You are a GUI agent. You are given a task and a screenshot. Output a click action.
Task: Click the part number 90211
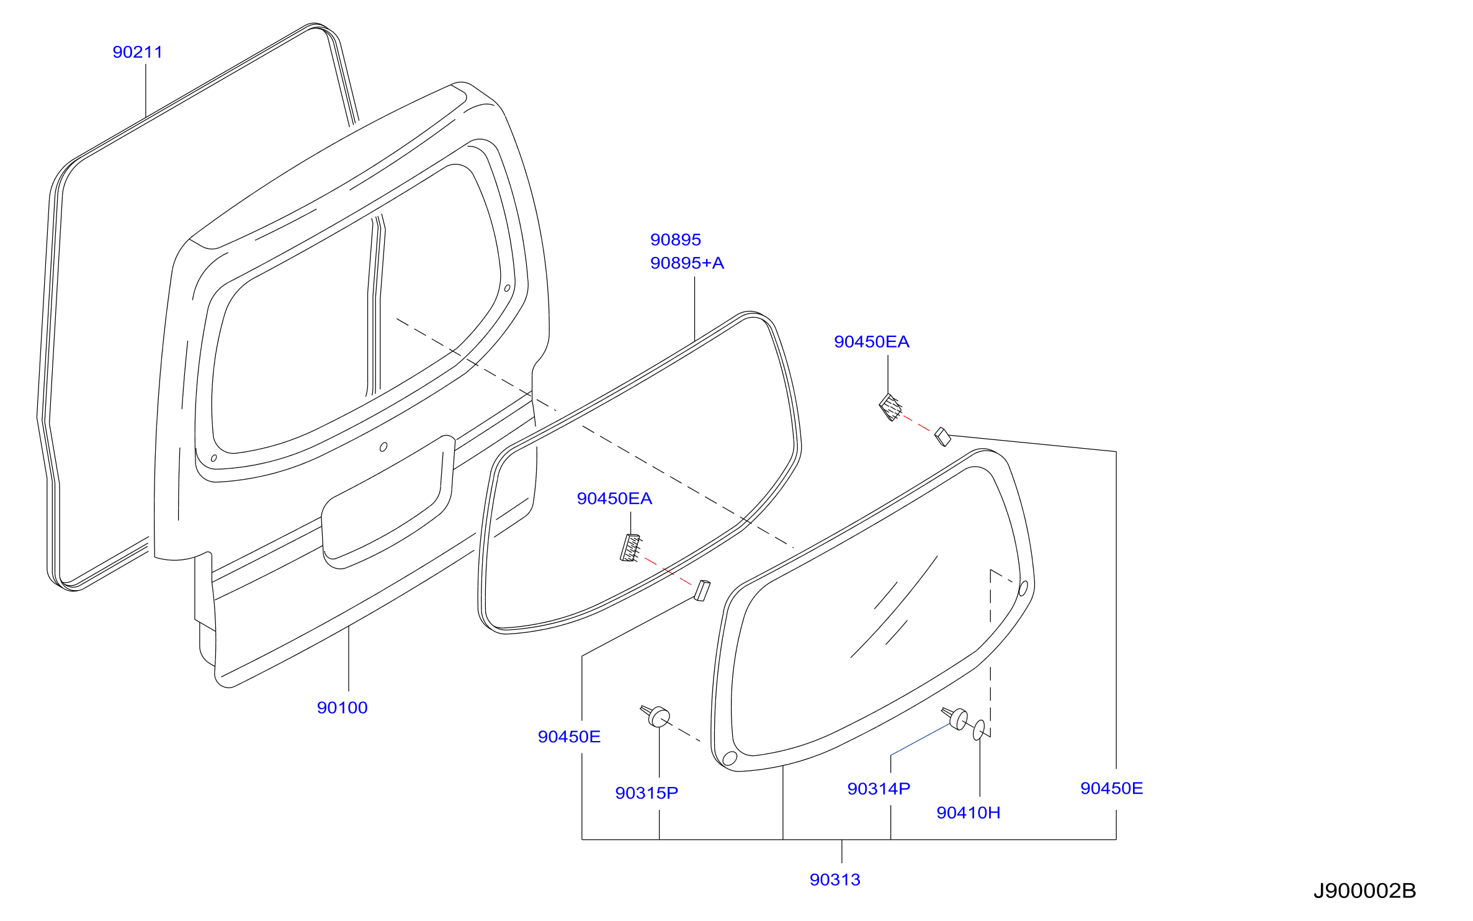[138, 52]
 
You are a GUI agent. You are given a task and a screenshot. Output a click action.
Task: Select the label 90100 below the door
[343, 708]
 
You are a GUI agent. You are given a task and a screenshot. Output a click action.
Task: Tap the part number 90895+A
[687, 263]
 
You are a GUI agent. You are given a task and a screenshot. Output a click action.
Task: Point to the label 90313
[835, 879]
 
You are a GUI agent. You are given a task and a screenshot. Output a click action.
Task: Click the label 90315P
[647, 793]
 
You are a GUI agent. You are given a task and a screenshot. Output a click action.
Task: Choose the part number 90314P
[879, 788]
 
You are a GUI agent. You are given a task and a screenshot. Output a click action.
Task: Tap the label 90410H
[969, 812]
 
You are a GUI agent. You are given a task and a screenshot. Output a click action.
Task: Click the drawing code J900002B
[1365, 891]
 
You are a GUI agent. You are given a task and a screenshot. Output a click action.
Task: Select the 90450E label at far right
[1112, 788]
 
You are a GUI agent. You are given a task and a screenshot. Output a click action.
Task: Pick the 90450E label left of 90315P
[570, 737]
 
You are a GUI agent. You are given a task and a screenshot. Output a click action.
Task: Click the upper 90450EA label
[872, 342]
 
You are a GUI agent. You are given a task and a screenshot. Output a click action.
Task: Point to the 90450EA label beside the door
[615, 498]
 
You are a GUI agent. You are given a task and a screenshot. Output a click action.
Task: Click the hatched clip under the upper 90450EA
[890, 407]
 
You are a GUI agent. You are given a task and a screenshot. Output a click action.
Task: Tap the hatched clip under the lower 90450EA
[631, 548]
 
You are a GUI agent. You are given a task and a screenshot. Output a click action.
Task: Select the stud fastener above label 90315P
[655, 716]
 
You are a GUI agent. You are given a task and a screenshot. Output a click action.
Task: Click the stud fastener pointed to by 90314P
[955, 718]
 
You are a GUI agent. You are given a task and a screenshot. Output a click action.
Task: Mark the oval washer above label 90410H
[978, 730]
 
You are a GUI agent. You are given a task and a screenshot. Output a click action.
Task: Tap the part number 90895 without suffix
[676, 240]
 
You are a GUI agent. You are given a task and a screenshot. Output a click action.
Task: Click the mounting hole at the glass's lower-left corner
[730, 758]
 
